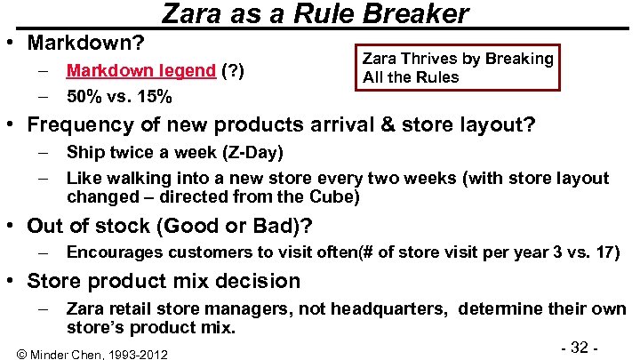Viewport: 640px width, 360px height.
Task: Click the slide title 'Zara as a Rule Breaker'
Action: click(315, 14)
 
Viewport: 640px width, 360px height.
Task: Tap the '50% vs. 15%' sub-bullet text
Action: click(119, 96)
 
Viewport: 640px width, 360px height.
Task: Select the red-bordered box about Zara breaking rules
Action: click(458, 68)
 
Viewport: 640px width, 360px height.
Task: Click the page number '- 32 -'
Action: click(577, 347)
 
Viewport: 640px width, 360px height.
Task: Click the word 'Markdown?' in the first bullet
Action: click(86, 42)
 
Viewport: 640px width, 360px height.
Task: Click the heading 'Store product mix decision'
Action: click(164, 281)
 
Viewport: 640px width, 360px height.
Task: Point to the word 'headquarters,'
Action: click(398, 310)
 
